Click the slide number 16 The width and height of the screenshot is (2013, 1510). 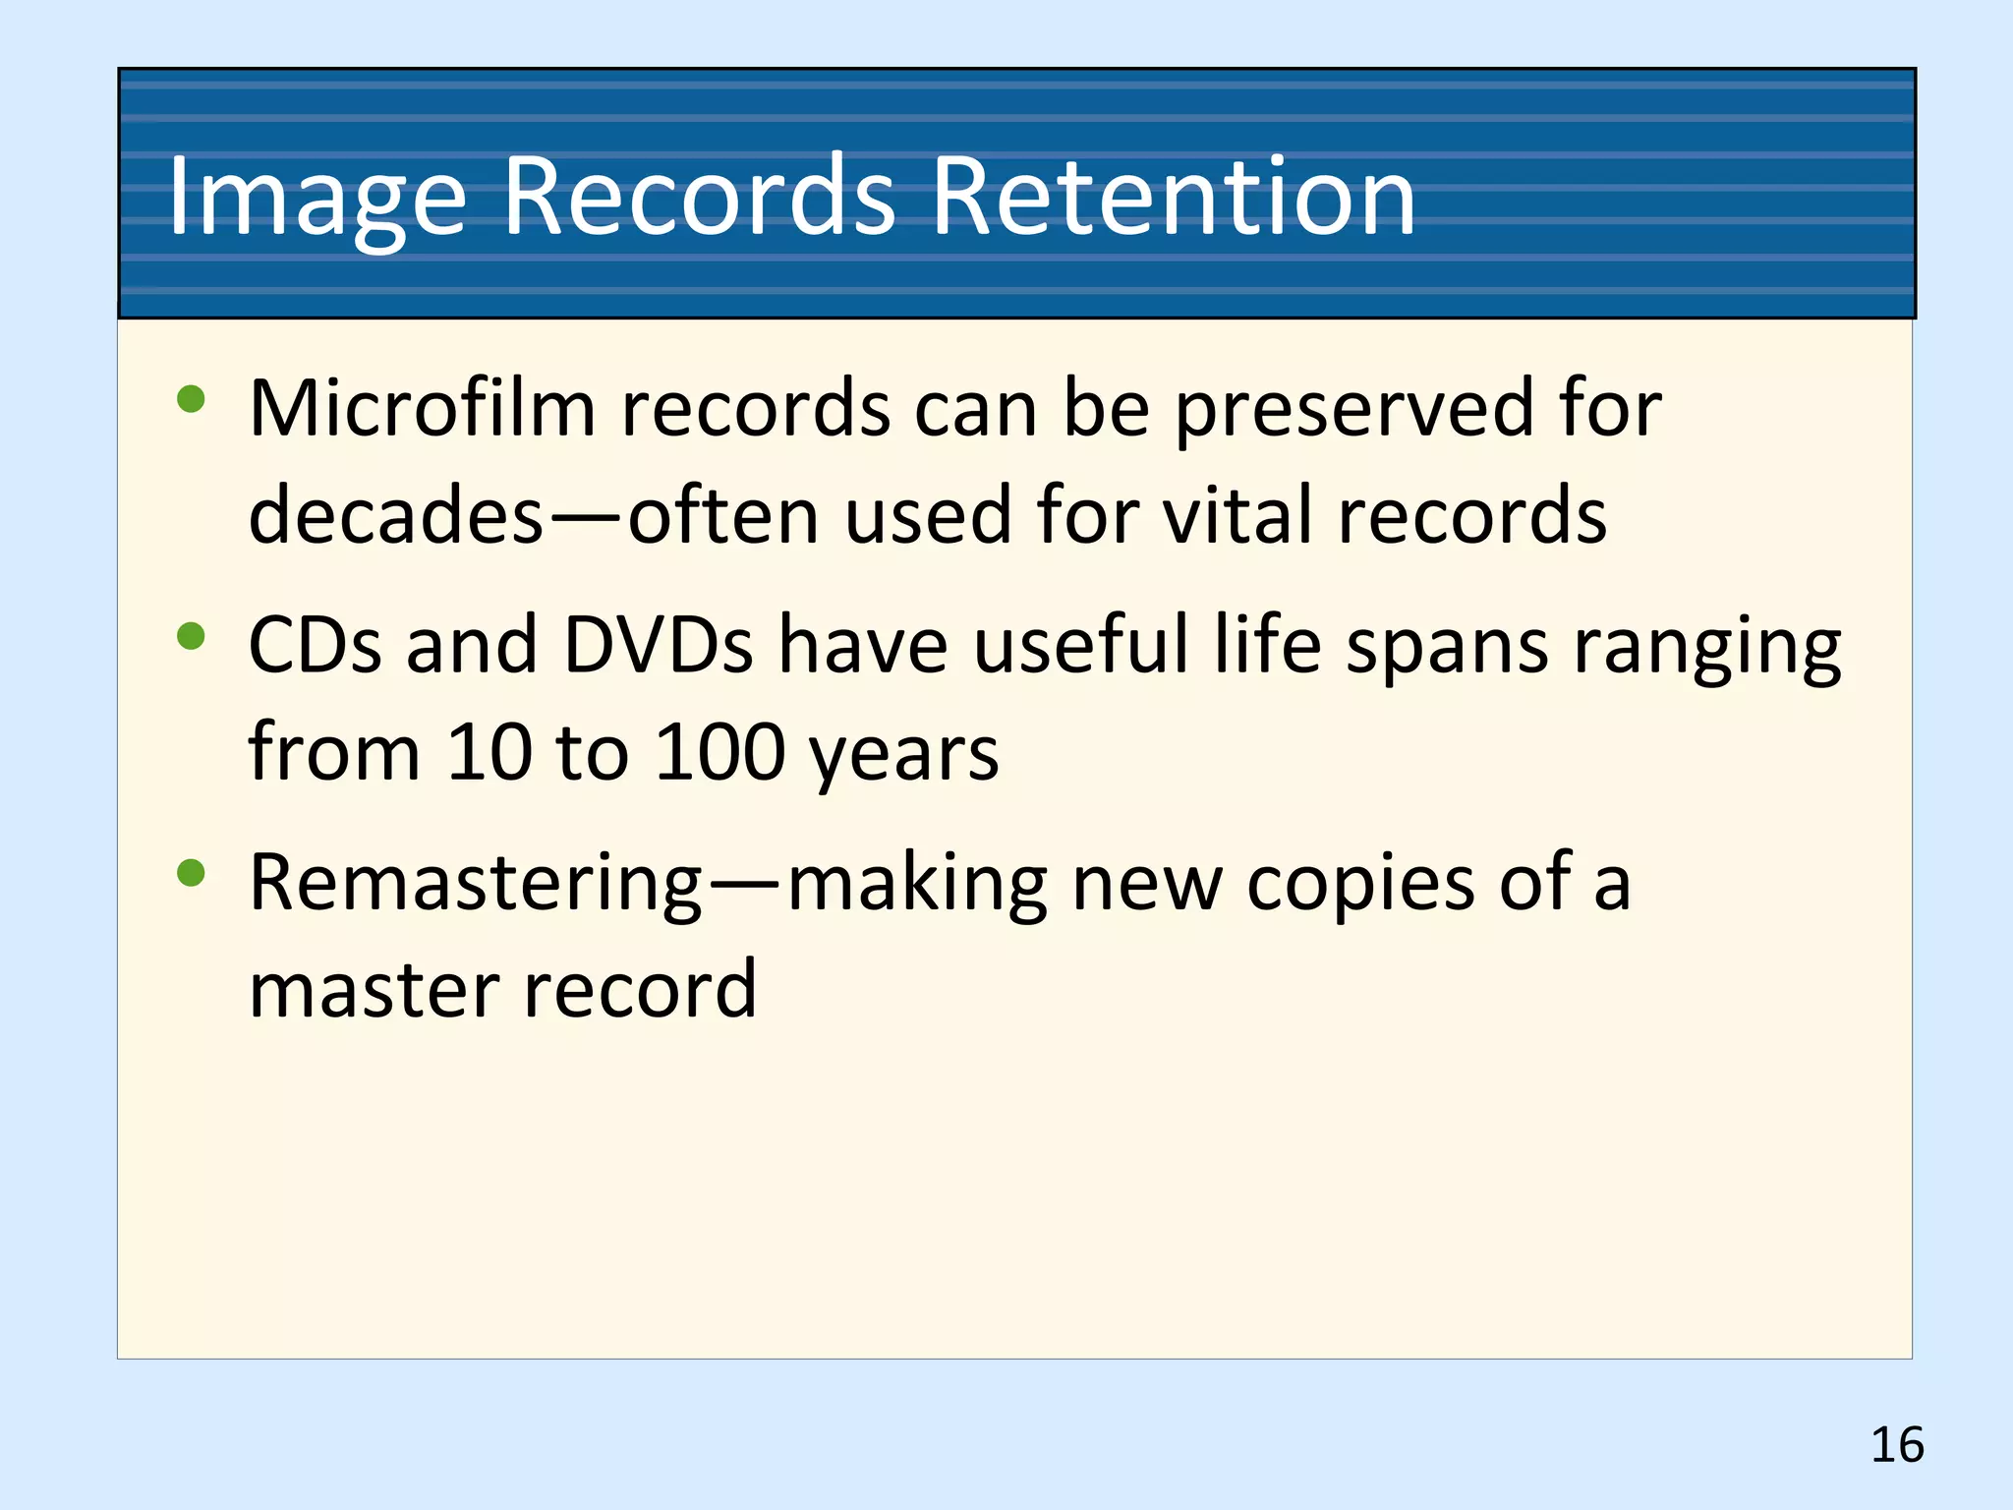(1896, 1445)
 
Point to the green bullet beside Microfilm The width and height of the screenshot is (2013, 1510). (191, 399)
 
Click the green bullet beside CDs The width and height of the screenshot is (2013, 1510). (191, 636)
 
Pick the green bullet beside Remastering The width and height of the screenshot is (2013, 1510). (191, 872)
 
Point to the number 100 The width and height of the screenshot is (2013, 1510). (719, 753)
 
